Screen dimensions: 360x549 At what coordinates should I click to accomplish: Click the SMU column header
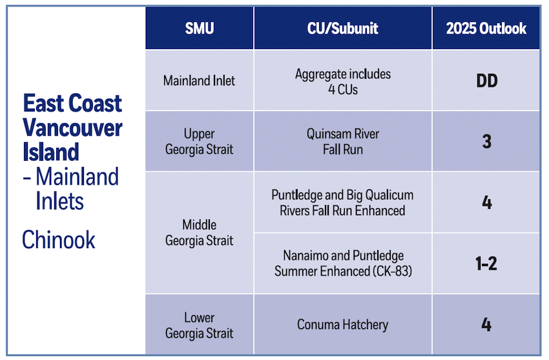[x=199, y=28]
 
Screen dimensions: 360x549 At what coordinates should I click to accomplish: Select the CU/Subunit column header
[x=342, y=28]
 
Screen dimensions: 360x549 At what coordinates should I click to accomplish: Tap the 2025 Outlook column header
[x=486, y=28]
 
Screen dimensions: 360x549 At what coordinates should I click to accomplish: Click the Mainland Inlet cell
[x=199, y=81]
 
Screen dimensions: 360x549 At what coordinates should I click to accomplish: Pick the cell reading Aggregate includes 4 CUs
[x=342, y=81]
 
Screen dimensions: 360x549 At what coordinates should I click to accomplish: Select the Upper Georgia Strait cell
[x=199, y=141]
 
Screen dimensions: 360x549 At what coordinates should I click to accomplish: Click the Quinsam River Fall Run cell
[x=342, y=141]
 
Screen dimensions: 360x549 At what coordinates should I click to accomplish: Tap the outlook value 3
[x=486, y=141]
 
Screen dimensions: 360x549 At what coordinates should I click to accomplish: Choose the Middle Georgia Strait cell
[x=199, y=233]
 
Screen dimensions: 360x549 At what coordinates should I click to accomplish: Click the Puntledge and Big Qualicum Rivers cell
[x=342, y=202]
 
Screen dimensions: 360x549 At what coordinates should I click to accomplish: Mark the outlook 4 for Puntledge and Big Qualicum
[x=486, y=202]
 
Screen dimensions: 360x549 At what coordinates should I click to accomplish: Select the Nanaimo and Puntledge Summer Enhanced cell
[x=342, y=263]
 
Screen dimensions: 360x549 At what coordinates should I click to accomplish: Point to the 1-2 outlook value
[x=486, y=263]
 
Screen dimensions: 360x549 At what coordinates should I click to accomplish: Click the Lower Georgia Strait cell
[x=199, y=325]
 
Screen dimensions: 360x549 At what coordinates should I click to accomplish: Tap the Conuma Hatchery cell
[x=342, y=324]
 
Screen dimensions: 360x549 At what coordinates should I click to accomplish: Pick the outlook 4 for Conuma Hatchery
[x=486, y=324]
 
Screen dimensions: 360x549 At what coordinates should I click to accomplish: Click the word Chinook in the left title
[x=59, y=240]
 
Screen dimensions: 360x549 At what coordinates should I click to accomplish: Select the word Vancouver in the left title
[x=72, y=127]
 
